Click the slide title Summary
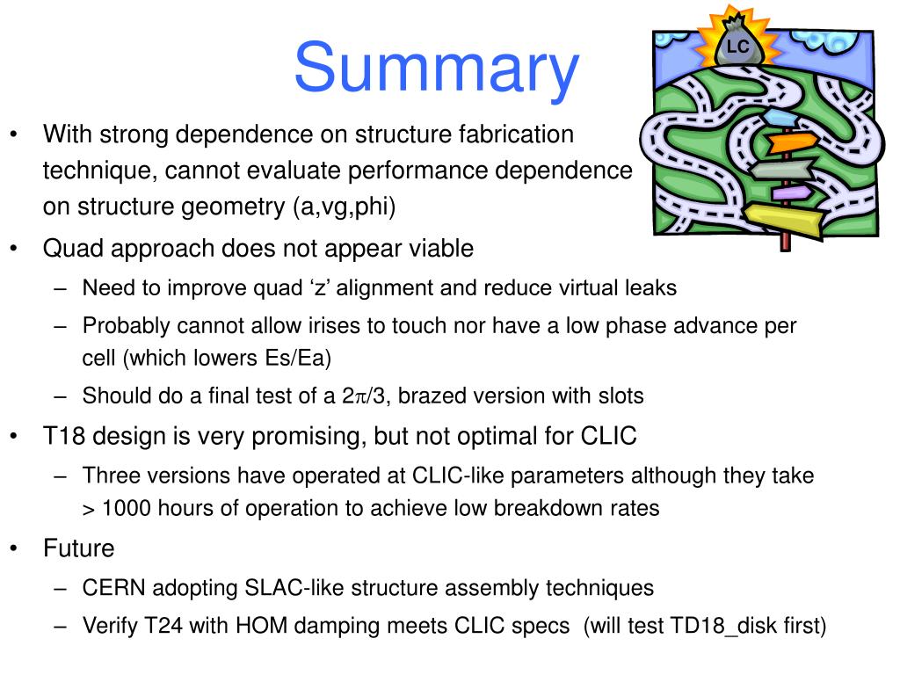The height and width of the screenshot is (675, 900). (x=437, y=69)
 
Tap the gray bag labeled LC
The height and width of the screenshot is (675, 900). (x=737, y=47)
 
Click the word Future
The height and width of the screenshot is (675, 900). (x=79, y=548)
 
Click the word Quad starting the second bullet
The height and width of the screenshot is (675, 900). (x=69, y=249)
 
